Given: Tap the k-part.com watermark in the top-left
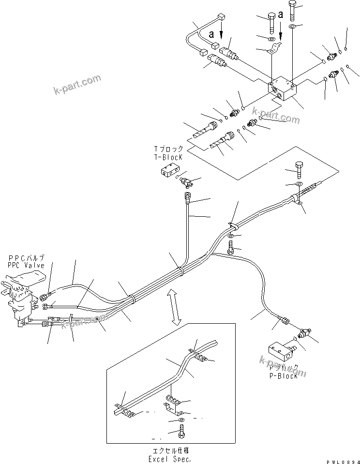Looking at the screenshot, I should coord(77,83).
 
